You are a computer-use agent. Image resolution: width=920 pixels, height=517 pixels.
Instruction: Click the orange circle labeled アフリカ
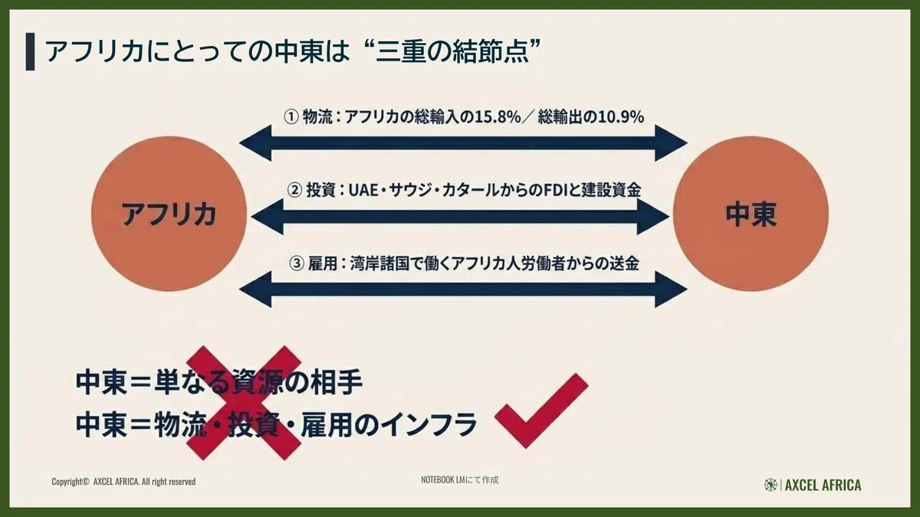click(x=169, y=214)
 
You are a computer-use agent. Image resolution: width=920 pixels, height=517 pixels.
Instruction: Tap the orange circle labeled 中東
click(x=751, y=214)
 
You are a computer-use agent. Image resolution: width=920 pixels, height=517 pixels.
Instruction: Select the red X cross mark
click(x=244, y=403)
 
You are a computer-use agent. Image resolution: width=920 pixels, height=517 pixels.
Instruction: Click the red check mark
click(x=541, y=411)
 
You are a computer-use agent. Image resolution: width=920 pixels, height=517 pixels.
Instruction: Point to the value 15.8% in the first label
click(x=498, y=117)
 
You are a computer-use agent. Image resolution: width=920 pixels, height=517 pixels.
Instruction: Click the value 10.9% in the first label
click(x=620, y=117)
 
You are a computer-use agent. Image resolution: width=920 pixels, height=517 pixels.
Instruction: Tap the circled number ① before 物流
click(x=291, y=117)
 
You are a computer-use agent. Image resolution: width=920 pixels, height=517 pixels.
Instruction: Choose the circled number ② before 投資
click(x=294, y=191)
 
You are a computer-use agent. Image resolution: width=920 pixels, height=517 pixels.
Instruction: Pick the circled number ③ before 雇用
click(x=297, y=263)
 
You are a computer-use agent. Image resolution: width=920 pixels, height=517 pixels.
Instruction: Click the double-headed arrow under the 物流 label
click(x=463, y=143)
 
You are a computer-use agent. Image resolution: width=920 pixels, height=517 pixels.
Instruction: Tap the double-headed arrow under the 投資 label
click(x=461, y=217)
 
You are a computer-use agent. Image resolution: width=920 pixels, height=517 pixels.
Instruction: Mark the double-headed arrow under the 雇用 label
click(x=463, y=290)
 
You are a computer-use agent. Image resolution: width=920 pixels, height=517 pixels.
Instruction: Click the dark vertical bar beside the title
click(x=30, y=52)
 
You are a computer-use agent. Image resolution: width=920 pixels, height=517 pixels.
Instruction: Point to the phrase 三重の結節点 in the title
click(x=452, y=52)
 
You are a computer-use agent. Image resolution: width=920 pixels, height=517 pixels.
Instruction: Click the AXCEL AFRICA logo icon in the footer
click(x=770, y=485)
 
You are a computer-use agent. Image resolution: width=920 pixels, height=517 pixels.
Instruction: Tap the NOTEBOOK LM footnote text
click(x=459, y=479)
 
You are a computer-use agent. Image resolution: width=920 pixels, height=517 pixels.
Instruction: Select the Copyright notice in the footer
click(x=123, y=481)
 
